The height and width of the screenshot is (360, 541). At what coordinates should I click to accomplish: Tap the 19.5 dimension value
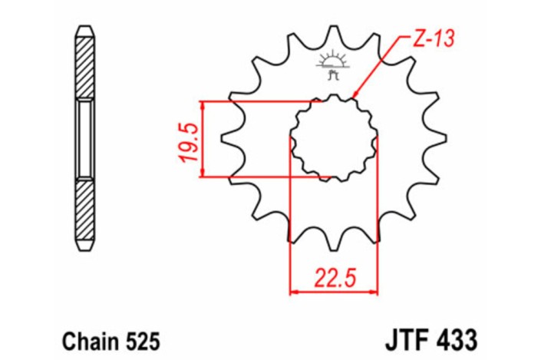click(190, 140)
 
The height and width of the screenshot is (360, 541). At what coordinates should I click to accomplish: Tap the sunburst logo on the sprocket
click(333, 61)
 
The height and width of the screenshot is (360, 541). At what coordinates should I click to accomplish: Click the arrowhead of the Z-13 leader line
click(354, 97)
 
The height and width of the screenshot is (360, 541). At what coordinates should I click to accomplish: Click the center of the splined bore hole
click(334, 140)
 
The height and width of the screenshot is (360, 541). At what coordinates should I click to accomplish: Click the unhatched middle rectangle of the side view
click(84, 139)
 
